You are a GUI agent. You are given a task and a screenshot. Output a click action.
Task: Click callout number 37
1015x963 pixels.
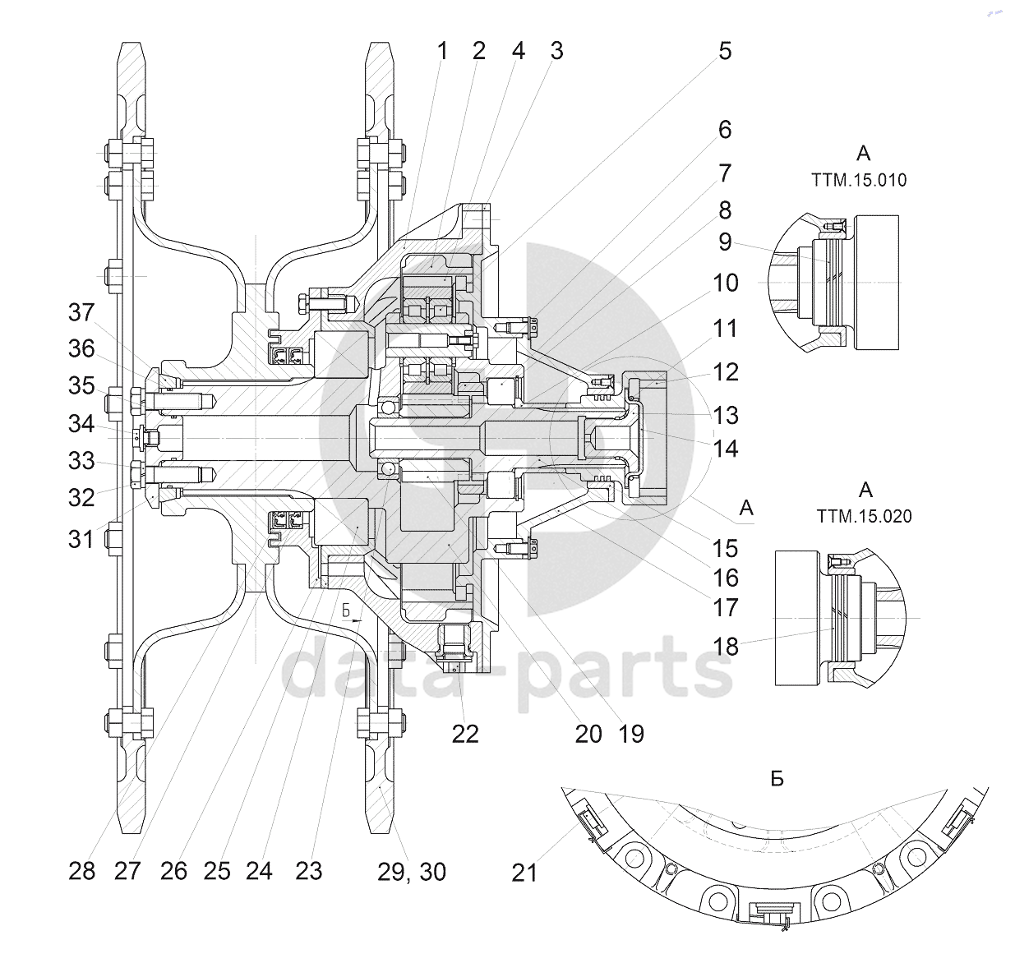[x=81, y=312]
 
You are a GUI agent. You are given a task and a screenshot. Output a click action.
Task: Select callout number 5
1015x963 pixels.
[x=725, y=51]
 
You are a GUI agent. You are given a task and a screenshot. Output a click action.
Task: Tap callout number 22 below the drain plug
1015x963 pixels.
[x=465, y=734]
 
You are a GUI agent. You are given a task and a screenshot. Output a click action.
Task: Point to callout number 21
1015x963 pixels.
[x=524, y=873]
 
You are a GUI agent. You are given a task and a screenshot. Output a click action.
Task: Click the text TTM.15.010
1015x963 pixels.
[x=859, y=180]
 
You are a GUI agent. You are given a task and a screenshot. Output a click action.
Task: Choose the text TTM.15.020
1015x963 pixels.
[x=865, y=516]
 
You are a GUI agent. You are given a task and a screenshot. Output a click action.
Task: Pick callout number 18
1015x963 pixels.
[x=726, y=647]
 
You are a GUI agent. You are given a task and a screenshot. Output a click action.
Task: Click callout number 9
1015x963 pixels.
[x=726, y=242]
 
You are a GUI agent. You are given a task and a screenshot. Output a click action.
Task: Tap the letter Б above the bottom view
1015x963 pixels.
[x=777, y=779]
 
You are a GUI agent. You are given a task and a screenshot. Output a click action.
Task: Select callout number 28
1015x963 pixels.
[x=81, y=871]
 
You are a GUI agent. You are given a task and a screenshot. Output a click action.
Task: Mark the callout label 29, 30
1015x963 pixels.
[x=412, y=872]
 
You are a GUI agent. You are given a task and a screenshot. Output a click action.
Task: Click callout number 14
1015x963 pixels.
[x=726, y=449]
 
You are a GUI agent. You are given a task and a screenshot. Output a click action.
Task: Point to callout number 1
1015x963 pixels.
[x=442, y=51]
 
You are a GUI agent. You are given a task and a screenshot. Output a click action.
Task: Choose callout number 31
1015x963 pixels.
[x=81, y=540]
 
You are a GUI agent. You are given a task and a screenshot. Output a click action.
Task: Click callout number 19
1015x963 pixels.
[x=631, y=734]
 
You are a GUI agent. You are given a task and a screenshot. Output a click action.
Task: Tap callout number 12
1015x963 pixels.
[x=726, y=372]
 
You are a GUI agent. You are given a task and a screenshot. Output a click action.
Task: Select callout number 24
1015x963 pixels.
[x=259, y=871]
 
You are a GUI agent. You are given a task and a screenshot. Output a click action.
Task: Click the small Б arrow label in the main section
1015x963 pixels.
[x=346, y=611]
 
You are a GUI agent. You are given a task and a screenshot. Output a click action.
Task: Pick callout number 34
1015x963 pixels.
[x=81, y=424]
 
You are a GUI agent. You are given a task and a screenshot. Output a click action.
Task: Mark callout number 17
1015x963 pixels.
[x=726, y=608]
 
